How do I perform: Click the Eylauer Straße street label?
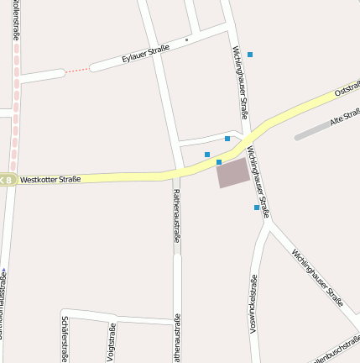pos(145,53)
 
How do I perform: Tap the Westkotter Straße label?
pos(50,179)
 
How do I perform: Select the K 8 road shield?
pos(7,179)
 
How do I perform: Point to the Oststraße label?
pos(347,87)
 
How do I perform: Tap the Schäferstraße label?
pos(65,339)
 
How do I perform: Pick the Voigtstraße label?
pos(112,343)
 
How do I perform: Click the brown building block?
pos(233,173)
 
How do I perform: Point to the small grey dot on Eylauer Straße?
pos(187,39)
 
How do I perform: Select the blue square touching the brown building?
pos(219,162)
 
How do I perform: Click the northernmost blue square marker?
pos(249,55)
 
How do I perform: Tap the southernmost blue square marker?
pos(257,207)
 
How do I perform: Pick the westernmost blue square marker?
pos(207,154)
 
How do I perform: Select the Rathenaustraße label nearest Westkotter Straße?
pos(176,215)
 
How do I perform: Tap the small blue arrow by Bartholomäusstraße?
pos(3,271)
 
